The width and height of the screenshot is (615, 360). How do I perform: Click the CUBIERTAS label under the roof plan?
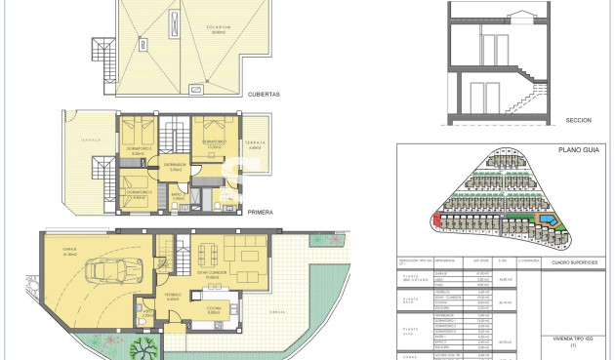[264, 95]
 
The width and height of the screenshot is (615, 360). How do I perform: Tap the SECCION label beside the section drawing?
[579, 120]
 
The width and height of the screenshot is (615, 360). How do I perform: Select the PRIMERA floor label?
[260, 211]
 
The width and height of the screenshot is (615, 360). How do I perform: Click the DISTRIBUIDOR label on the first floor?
[176, 165]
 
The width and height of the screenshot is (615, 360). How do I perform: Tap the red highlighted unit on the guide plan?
[436, 221]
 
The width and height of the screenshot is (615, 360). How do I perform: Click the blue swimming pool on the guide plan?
[553, 224]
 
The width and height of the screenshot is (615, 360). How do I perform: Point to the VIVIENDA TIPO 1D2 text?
[573, 336]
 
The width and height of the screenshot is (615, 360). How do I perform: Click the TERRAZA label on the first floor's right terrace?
[256, 143]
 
